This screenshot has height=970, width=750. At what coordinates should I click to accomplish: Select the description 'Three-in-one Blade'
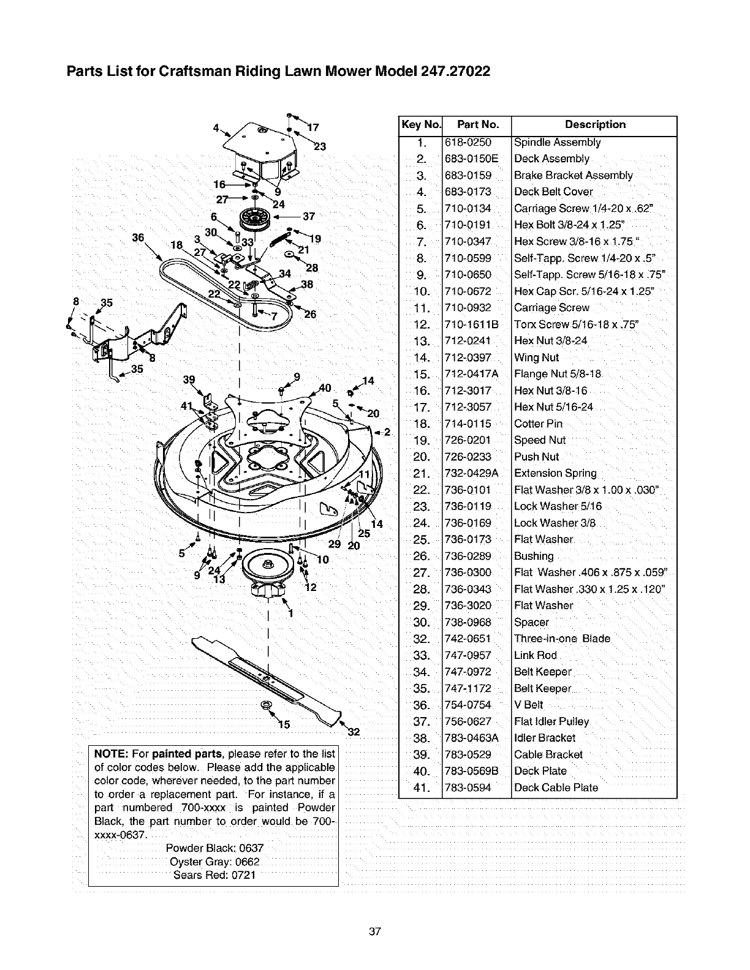[x=562, y=639]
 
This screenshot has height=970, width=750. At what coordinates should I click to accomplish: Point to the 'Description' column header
[x=595, y=125]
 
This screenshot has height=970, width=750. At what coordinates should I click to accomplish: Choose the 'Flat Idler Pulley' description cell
[x=551, y=721]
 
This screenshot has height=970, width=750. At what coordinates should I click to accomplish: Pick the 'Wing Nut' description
[x=536, y=358]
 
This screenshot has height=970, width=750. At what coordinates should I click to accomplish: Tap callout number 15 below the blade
[x=284, y=725]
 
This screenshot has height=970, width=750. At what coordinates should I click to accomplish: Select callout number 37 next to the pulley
[x=308, y=216]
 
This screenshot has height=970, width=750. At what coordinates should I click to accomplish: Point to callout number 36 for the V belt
[x=138, y=238]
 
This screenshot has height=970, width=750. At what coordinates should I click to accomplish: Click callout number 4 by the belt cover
[x=216, y=128]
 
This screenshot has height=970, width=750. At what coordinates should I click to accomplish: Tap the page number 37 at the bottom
[x=375, y=931]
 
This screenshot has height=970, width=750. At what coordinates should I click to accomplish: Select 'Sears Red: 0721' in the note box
[x=214, y=874]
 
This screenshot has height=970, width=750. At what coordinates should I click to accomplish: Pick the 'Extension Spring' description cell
[x=555, y=473]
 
